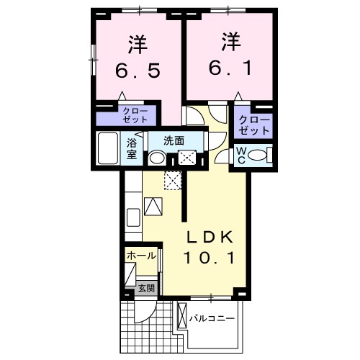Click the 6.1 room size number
229,71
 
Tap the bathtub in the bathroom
109,148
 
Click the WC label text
241,155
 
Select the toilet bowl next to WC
261,153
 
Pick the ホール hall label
140,256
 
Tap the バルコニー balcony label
215,318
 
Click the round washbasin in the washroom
157,158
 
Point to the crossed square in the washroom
187,158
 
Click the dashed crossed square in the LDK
173,181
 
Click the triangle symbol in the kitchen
153,207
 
